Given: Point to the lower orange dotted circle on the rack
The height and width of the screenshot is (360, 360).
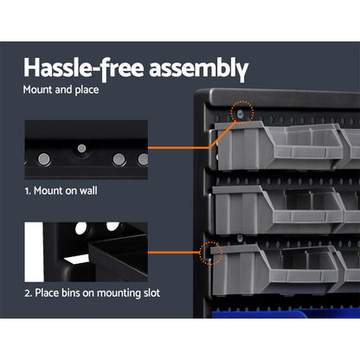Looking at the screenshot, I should coord(208,254).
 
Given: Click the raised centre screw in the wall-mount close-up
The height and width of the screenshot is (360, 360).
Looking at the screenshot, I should coord(81,149).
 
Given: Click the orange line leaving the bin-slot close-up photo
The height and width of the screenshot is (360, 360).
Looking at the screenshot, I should coord(173,254).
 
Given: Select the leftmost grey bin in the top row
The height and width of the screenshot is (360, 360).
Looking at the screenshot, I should coord(241,147).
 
